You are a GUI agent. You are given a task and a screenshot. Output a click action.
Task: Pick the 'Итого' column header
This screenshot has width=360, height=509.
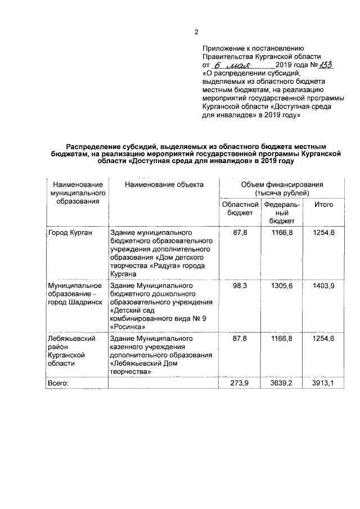coord(323,205)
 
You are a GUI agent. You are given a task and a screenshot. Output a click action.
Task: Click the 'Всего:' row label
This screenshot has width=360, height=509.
coord(58,383)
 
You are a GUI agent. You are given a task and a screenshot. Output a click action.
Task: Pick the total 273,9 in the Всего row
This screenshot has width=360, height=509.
coord(240,383)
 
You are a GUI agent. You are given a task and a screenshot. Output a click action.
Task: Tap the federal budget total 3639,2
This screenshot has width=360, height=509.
coord(282,383)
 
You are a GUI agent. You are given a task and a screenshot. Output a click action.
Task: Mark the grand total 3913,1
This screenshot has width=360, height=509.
coord(323,383)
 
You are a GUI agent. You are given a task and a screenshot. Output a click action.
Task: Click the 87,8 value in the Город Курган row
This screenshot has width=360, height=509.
coord(240,232)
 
